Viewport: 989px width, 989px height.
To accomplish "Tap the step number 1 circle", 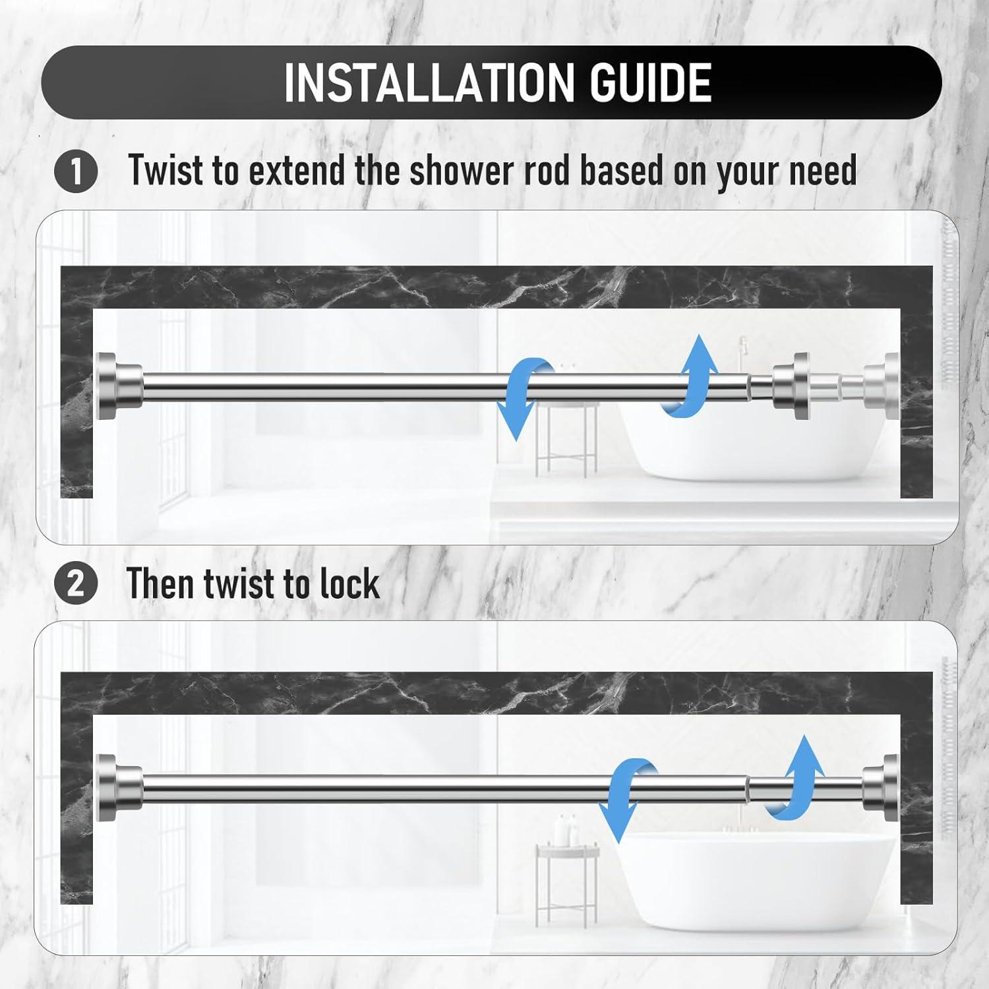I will [76, 171].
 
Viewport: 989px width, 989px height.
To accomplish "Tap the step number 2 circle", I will [76, 584].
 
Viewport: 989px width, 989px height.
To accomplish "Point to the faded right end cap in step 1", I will [884, 386].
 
